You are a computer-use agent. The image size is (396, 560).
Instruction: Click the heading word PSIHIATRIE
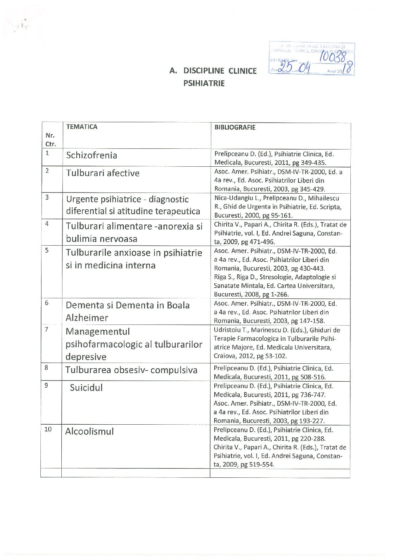[204, 83]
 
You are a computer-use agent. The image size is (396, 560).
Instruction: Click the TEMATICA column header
[82, 127]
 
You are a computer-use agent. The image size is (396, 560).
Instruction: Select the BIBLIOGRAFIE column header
[235, 127]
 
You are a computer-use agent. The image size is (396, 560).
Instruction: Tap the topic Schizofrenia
[92, 155]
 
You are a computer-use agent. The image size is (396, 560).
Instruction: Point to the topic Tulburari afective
[103, 173]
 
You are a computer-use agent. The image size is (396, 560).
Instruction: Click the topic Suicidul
[86, 388]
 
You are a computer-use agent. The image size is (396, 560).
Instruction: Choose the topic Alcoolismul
[89, 431]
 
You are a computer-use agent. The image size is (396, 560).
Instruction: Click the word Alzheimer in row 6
[87, 318]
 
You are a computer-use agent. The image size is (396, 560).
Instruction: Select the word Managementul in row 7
[98, 332]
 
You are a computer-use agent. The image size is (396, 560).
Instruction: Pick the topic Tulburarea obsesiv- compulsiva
[131, 370]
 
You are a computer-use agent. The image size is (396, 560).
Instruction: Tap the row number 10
[48, 429]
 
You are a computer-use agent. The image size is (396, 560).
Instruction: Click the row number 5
[47, 250]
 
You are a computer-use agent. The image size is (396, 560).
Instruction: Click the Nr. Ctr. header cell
[50, 139]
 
